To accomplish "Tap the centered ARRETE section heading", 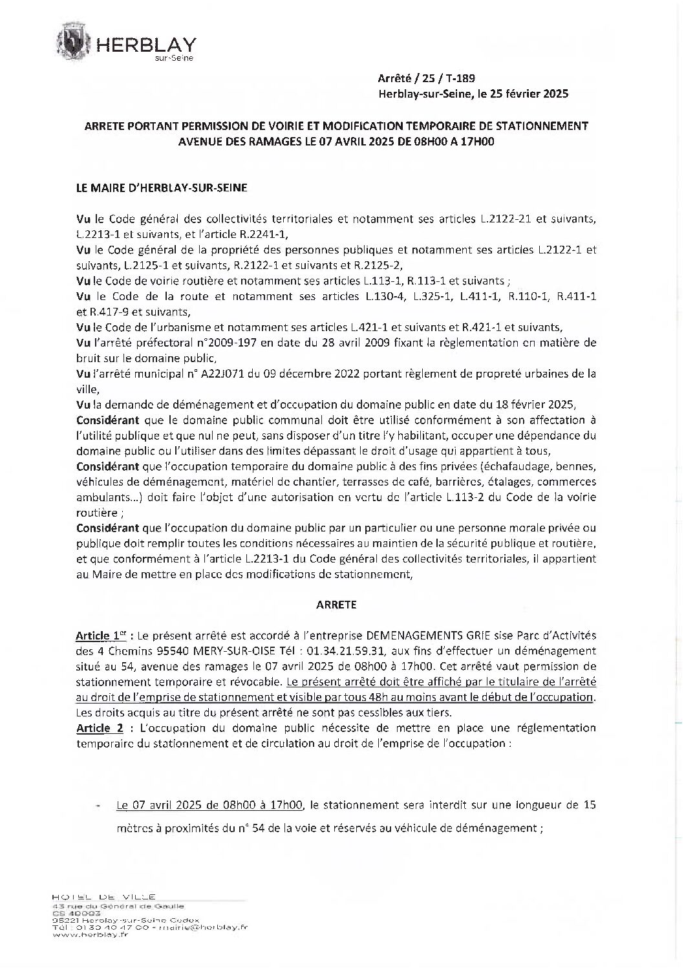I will click(x=336, y=605).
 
